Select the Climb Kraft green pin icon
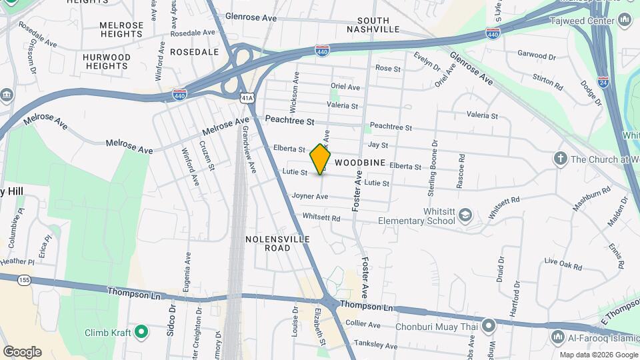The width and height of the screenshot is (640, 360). [141, 331]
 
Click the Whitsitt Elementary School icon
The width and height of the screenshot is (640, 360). [465, 215]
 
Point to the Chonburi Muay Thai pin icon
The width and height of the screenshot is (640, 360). [489, 326]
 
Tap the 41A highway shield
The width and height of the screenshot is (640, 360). [247, 98]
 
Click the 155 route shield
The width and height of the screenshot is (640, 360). [25, 279]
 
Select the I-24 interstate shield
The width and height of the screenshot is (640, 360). [603, 82]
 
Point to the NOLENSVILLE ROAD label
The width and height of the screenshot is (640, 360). [268, 243]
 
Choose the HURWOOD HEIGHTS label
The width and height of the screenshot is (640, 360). [107, 62]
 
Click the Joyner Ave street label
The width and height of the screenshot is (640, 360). [309, 196]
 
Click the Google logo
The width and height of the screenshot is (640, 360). [22, 351]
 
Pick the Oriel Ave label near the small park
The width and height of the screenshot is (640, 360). [345, 87]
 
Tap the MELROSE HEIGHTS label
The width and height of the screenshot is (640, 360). [121, 29]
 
